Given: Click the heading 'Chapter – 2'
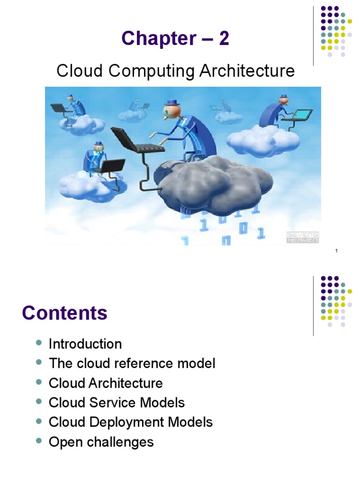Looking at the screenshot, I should [175, 39].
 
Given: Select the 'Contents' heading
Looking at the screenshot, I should [65, 313].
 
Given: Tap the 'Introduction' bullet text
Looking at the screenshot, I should [85, 344].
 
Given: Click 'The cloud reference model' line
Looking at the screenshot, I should [132, 363].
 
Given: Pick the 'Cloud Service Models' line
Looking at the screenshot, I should [117, 402].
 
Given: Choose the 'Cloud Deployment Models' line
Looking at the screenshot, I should [130, 422].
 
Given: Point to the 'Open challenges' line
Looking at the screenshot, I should [101, 442].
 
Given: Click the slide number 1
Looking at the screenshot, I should [337, 253].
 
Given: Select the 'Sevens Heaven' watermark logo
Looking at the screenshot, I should [303, 237].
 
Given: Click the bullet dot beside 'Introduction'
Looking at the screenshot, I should [39, 343].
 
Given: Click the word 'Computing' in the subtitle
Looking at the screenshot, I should [157, 72].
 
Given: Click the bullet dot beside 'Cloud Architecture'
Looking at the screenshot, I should [39, 382].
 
